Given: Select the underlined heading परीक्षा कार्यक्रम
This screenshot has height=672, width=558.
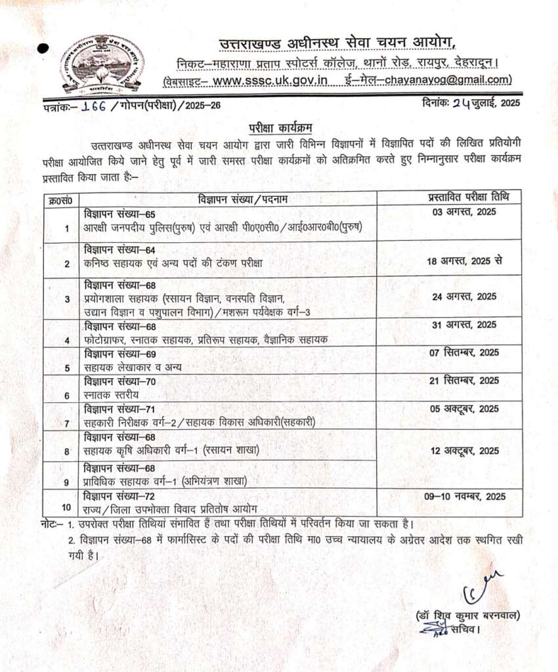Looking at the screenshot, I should tap(278, 126).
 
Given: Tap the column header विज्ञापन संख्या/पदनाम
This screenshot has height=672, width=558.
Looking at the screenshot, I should tap(243, 199).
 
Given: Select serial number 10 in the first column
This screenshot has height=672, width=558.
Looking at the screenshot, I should tap(66, 506).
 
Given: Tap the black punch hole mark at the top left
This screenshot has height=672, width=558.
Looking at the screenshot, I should tap(44, 48).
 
